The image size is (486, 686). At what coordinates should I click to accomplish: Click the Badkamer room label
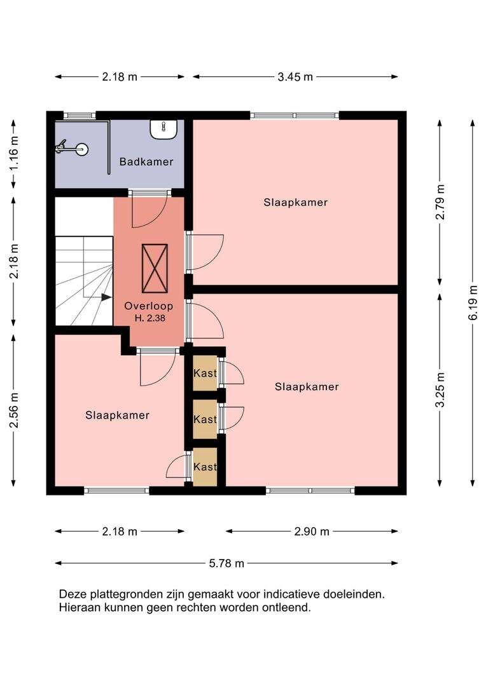click(x=146, y=162)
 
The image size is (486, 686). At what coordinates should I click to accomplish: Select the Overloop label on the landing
click(x=149, y=306)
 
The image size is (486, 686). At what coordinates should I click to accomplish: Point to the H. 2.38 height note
click(x=150, y=318)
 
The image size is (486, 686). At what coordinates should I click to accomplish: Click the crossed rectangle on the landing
click(x=155, y=268)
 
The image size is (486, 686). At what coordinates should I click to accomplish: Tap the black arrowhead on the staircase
click(x=106, y=297)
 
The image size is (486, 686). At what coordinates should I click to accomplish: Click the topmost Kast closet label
click(x=205, y=373)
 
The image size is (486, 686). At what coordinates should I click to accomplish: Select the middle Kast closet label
click(x=205, y=419)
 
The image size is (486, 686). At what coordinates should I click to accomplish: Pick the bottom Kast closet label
click(x=205, y=467)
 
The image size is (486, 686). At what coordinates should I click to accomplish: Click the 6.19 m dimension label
click(x=473, y=302)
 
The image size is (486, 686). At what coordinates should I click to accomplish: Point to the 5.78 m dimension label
click(x=226, y=563)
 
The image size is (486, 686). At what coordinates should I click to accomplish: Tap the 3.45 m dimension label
click(x=295, y=77)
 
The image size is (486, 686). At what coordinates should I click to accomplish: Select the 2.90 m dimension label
click(x=312, y=532)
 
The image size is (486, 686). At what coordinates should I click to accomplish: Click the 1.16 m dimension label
click(x=14, y=153)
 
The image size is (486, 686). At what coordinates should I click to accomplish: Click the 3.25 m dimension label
click(x=440, y=390)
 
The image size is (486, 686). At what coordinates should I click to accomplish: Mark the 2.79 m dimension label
click(x=440, y=202)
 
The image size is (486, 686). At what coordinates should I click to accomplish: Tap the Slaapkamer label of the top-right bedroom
click(x=296, y=203)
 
